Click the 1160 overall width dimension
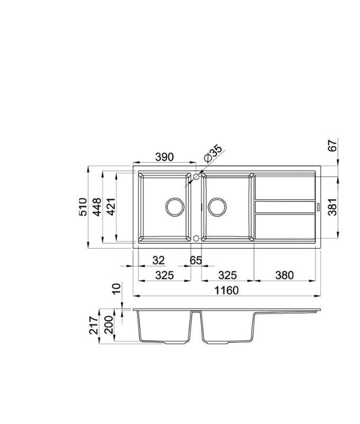227,290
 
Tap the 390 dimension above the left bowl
165,157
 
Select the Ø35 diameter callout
213,154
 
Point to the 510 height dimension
83,207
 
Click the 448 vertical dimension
97,207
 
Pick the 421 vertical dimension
111,207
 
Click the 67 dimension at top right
332,145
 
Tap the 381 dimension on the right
332,207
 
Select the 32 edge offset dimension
158,260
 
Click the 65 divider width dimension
196,260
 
